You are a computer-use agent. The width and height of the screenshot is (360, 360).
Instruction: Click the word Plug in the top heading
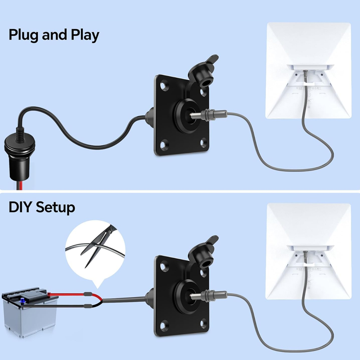coord(24,35)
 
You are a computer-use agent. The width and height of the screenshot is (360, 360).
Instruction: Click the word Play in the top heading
coord(85,35)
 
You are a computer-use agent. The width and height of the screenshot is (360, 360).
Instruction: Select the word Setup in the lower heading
coord(55,207)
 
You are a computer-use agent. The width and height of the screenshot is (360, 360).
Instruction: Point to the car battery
coord(30,312)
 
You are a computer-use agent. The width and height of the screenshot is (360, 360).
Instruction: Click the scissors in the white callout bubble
coord(99,246)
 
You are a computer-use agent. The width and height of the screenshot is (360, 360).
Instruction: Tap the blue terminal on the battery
coord(22,301)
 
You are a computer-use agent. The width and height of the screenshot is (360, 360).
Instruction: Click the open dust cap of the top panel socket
coord(203,72)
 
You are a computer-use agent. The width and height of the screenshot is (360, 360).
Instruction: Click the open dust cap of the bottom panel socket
coord(203,252)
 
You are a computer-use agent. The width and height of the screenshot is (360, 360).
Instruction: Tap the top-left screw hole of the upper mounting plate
coord(163,86)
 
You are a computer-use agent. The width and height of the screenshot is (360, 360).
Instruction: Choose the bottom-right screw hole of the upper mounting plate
coord(203,142)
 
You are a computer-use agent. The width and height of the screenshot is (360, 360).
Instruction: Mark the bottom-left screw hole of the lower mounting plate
coord(163,325)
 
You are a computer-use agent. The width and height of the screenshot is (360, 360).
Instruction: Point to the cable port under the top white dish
coord(306,75)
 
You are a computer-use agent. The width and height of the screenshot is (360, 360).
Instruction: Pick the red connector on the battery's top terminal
coord(49,294)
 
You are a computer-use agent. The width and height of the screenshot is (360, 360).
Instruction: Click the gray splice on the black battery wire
coord(88,306)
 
